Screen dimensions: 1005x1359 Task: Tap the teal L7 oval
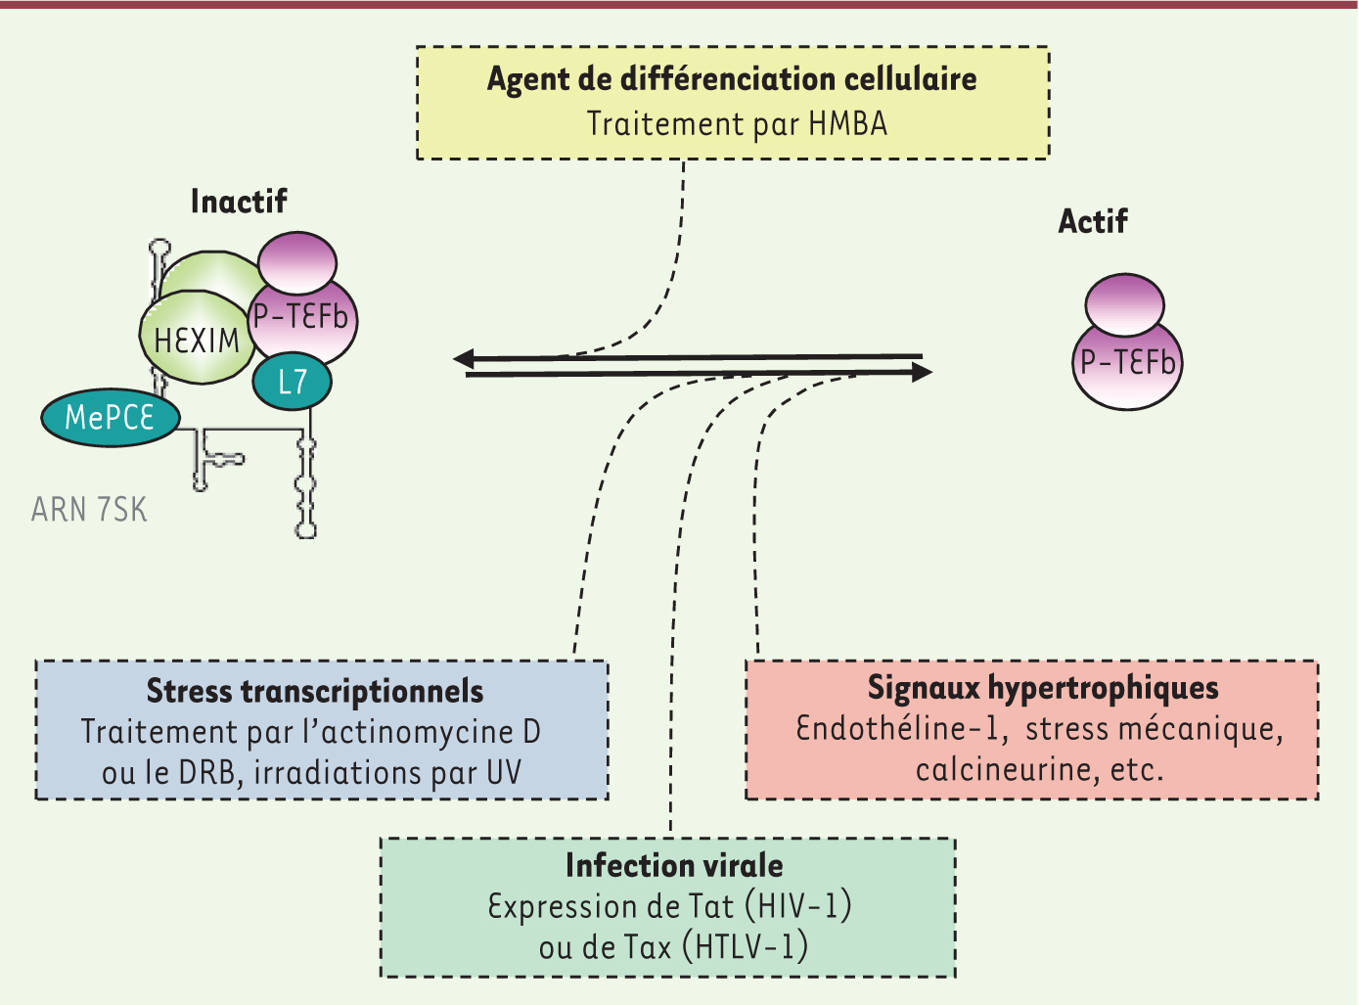(292, 382)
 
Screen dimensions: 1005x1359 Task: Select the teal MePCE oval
(110, 418)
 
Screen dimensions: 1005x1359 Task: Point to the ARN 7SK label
(89, 510)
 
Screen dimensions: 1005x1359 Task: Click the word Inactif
(239, 202)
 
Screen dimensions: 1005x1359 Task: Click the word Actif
(1093, 222)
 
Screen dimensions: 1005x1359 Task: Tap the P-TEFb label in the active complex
(1127, 363)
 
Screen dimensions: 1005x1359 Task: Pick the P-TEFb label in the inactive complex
(301, 317)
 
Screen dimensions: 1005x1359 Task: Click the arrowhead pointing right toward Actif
(920, 373)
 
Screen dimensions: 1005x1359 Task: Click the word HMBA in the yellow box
(847, 124)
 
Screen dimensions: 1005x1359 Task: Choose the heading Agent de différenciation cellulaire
(732, 79)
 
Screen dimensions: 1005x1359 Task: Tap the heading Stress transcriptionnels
(315, 691)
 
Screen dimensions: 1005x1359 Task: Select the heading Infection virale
(674, 865)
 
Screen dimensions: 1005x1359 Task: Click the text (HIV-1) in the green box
(798, 906)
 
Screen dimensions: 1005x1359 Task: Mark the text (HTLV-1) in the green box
(746, 947)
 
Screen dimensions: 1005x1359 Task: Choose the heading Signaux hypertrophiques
(1043, 688)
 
